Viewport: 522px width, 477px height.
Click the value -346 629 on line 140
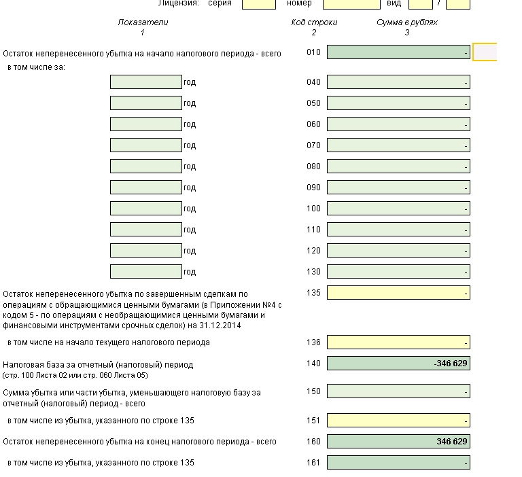[x=451, y=364]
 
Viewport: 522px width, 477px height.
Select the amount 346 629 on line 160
[x=452, y=442]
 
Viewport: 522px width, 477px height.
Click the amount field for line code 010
[x=398, y=52]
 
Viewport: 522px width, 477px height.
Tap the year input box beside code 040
[x=145, y=82]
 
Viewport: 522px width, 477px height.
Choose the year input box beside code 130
[x=145, y=272]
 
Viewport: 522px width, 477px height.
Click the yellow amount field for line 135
[x=398, y=293]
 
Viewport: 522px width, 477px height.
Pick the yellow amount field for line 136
[x=398, y=342]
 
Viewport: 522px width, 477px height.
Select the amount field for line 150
[x=398, y=391]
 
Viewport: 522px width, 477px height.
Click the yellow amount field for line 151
[x=398, y=421]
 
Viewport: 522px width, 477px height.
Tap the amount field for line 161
[x=398, y=463]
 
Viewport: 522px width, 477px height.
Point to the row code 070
[x=313, y=145]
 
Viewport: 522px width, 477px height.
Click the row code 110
[x=313, y=230]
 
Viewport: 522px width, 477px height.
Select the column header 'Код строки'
[x=314, y=22]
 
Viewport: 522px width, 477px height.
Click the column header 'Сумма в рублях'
[x=407, y=22]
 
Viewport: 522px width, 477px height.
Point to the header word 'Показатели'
[x=143, y=22]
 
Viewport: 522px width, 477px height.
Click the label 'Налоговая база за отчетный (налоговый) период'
[x=98, y=364]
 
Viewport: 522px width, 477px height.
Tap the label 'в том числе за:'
[x=36, y=67]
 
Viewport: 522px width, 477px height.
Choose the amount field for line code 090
[x=398, y=188]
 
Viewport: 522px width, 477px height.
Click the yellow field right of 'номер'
[x=351, y=3]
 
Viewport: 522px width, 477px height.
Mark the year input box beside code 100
[x=145, y=209]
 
